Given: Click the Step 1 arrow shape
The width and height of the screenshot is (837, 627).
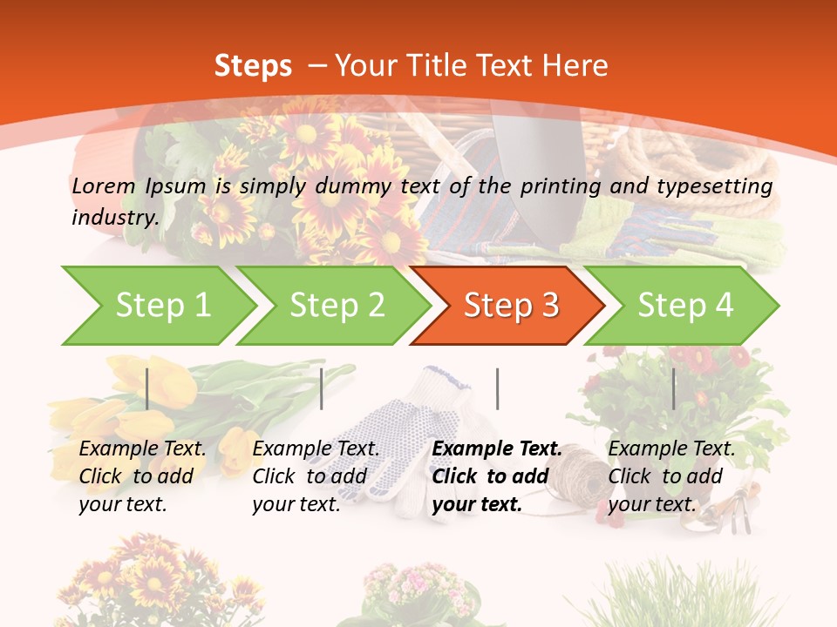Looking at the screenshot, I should coord(157,306).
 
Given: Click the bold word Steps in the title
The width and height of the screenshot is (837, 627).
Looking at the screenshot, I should coord(253,65).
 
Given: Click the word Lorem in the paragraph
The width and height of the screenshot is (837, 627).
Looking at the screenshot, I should coord(103,185).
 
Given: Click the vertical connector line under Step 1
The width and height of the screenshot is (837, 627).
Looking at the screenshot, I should coord(147,388).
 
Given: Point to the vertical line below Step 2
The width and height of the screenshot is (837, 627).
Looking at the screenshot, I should coord(322,388).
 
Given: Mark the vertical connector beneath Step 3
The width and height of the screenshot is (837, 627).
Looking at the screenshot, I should coord(497,388).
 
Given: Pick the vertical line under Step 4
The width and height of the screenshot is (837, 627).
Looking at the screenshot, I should coord(673,388).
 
